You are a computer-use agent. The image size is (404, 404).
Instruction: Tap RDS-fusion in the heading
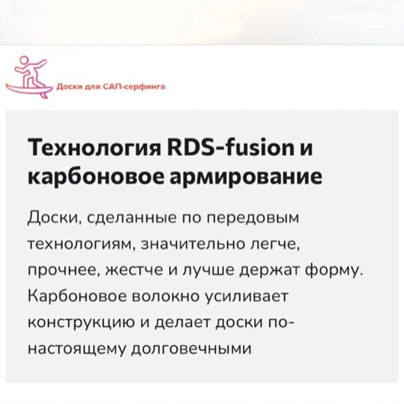point(231,147)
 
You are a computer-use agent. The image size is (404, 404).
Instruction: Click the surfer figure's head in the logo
point(23,60)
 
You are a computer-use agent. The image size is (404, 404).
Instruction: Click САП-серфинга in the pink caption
point(134,86)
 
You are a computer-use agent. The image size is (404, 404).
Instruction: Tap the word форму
point(334,271)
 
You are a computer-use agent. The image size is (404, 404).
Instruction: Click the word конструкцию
point(81,323)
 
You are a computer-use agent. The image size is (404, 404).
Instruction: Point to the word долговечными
point(191,349)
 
